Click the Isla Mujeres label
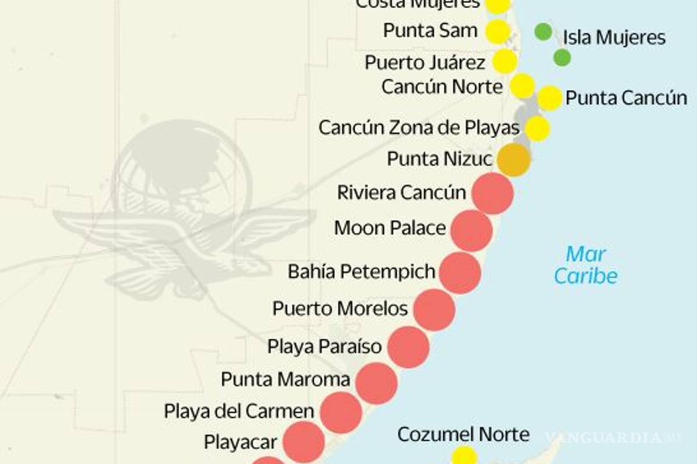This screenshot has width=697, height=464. tap(614, 38)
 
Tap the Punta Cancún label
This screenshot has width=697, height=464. tap(626, 98)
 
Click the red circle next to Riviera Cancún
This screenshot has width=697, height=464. tap(493, 194)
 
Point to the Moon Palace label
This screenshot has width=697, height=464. tap(390, 228)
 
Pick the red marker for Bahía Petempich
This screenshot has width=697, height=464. tap(460, 273)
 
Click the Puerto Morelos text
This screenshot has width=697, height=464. tap(340, 308)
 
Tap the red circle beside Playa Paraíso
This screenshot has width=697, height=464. tap(408, 347)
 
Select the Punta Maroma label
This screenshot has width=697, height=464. tap(285, 379)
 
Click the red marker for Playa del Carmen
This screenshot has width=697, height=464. tap(341, 412)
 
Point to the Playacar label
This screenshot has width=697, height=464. tap(240, 442)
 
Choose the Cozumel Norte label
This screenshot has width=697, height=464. tap(463, 434)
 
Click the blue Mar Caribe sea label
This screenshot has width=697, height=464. tap(585, 265)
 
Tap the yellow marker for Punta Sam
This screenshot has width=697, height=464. tap(497, 31)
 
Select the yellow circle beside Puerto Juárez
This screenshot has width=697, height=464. tap(505, 61)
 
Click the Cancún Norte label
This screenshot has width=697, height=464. tap(441, 87)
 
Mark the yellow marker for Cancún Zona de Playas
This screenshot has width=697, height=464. tap(537, 128)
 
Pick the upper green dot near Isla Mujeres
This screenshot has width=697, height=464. tap(543, 31)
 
